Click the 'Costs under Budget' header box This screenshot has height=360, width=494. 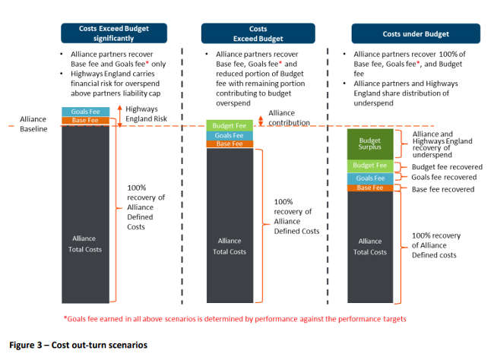(416, 33)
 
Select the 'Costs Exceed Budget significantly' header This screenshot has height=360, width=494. (114, 33)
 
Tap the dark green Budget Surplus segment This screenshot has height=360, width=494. (370, 144)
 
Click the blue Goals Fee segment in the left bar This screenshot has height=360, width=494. (86, 112)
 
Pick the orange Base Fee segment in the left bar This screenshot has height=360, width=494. (86, 120)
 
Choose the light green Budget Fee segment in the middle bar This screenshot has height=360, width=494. (230, 125)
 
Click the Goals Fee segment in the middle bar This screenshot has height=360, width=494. (230, 136)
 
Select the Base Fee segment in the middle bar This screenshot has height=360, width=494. (230, 144)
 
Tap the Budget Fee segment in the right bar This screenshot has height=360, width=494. (370, 166)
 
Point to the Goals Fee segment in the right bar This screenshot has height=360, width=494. (370, 178)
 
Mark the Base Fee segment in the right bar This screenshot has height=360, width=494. (370, 188)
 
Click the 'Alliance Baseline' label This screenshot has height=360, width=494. (33, 124)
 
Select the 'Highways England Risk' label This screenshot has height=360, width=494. (146, 114)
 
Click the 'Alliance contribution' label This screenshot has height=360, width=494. (290, 118)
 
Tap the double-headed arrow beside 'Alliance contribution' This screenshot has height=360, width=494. (261, 121)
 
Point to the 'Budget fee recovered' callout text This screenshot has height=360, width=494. (447, 167)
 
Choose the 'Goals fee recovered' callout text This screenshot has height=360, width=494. (444, 177)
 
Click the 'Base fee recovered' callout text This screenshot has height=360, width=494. (443, 189)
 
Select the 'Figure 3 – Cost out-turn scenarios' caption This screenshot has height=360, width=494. (78, 345)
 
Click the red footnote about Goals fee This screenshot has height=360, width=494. (235, 319)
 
